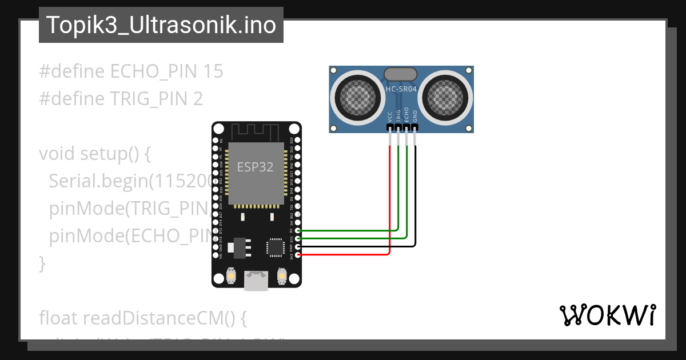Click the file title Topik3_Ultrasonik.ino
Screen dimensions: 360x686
[161, 26]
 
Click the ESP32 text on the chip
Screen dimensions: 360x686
[255, 167]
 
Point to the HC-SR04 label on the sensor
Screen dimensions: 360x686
[401, 90]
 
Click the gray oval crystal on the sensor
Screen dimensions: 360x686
[400, 74]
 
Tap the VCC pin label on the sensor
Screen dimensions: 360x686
[390, 117]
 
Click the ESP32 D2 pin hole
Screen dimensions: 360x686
[298, 230]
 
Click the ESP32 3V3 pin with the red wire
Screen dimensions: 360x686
[298, 254]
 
